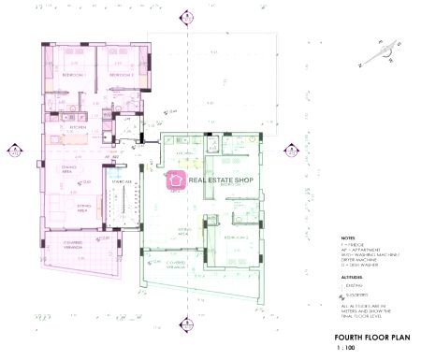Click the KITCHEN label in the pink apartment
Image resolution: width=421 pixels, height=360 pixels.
[65, 127]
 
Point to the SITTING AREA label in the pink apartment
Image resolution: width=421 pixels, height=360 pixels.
[63, 210]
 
